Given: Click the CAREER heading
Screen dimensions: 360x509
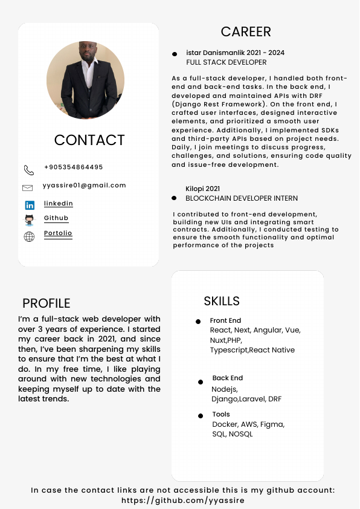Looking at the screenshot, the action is [246, 32].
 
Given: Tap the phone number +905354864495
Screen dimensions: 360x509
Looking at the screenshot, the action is [74, 167].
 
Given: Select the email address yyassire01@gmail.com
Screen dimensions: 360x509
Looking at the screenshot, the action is [85, 186].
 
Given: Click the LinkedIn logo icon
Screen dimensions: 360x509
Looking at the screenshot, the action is [30, 206].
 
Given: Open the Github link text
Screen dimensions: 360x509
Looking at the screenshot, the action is [56, 218].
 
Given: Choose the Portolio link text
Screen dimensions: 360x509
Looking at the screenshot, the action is [58, 233].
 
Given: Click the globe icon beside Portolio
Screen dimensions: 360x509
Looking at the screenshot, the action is [29, 236].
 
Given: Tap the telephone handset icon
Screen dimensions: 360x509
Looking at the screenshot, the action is [29, 170].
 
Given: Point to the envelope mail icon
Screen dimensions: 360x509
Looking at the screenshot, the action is [27, 188].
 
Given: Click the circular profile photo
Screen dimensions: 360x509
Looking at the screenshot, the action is [85, 80].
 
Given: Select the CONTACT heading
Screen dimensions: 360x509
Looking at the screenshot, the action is [89, 140].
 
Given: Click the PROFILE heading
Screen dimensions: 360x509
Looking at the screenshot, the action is [47, 303].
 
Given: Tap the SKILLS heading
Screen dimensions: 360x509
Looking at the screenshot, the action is [222, 301].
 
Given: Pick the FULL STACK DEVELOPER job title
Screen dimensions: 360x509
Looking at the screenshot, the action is [227, 62].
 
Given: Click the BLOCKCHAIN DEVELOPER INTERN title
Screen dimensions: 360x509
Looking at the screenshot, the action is [242, 198].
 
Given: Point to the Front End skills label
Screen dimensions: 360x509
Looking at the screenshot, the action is [225, 320].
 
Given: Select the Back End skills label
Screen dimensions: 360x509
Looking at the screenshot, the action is [228, 378].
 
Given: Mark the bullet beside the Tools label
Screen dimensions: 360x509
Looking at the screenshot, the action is [201, 416].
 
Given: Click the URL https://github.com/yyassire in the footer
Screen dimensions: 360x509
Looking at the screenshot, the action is [183, 501].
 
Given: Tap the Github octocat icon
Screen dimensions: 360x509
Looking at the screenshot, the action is [29, 220].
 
